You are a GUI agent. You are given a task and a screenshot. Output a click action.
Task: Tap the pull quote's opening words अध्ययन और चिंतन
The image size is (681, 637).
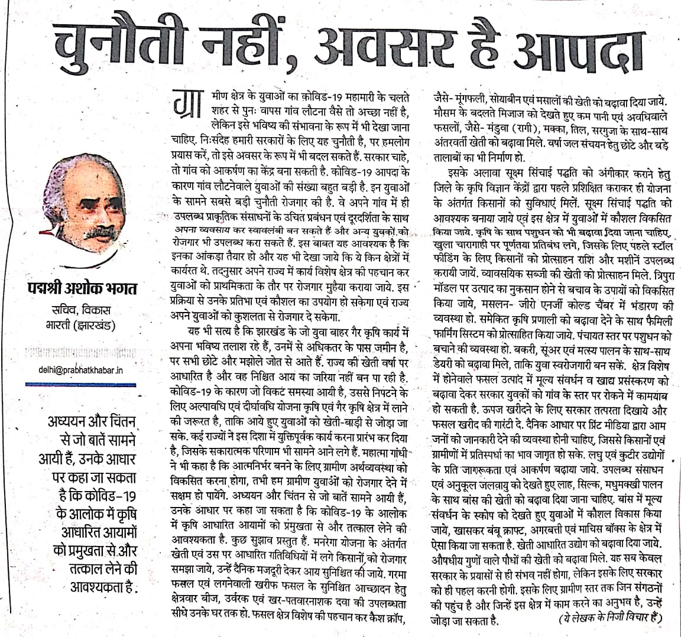(91, 423)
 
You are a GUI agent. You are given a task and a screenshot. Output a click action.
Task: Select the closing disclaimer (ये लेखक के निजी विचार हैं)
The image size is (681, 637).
(611, 618)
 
